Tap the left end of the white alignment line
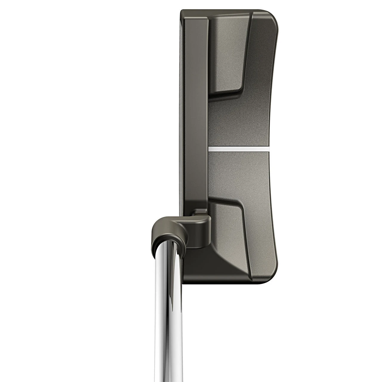pos(209,148)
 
